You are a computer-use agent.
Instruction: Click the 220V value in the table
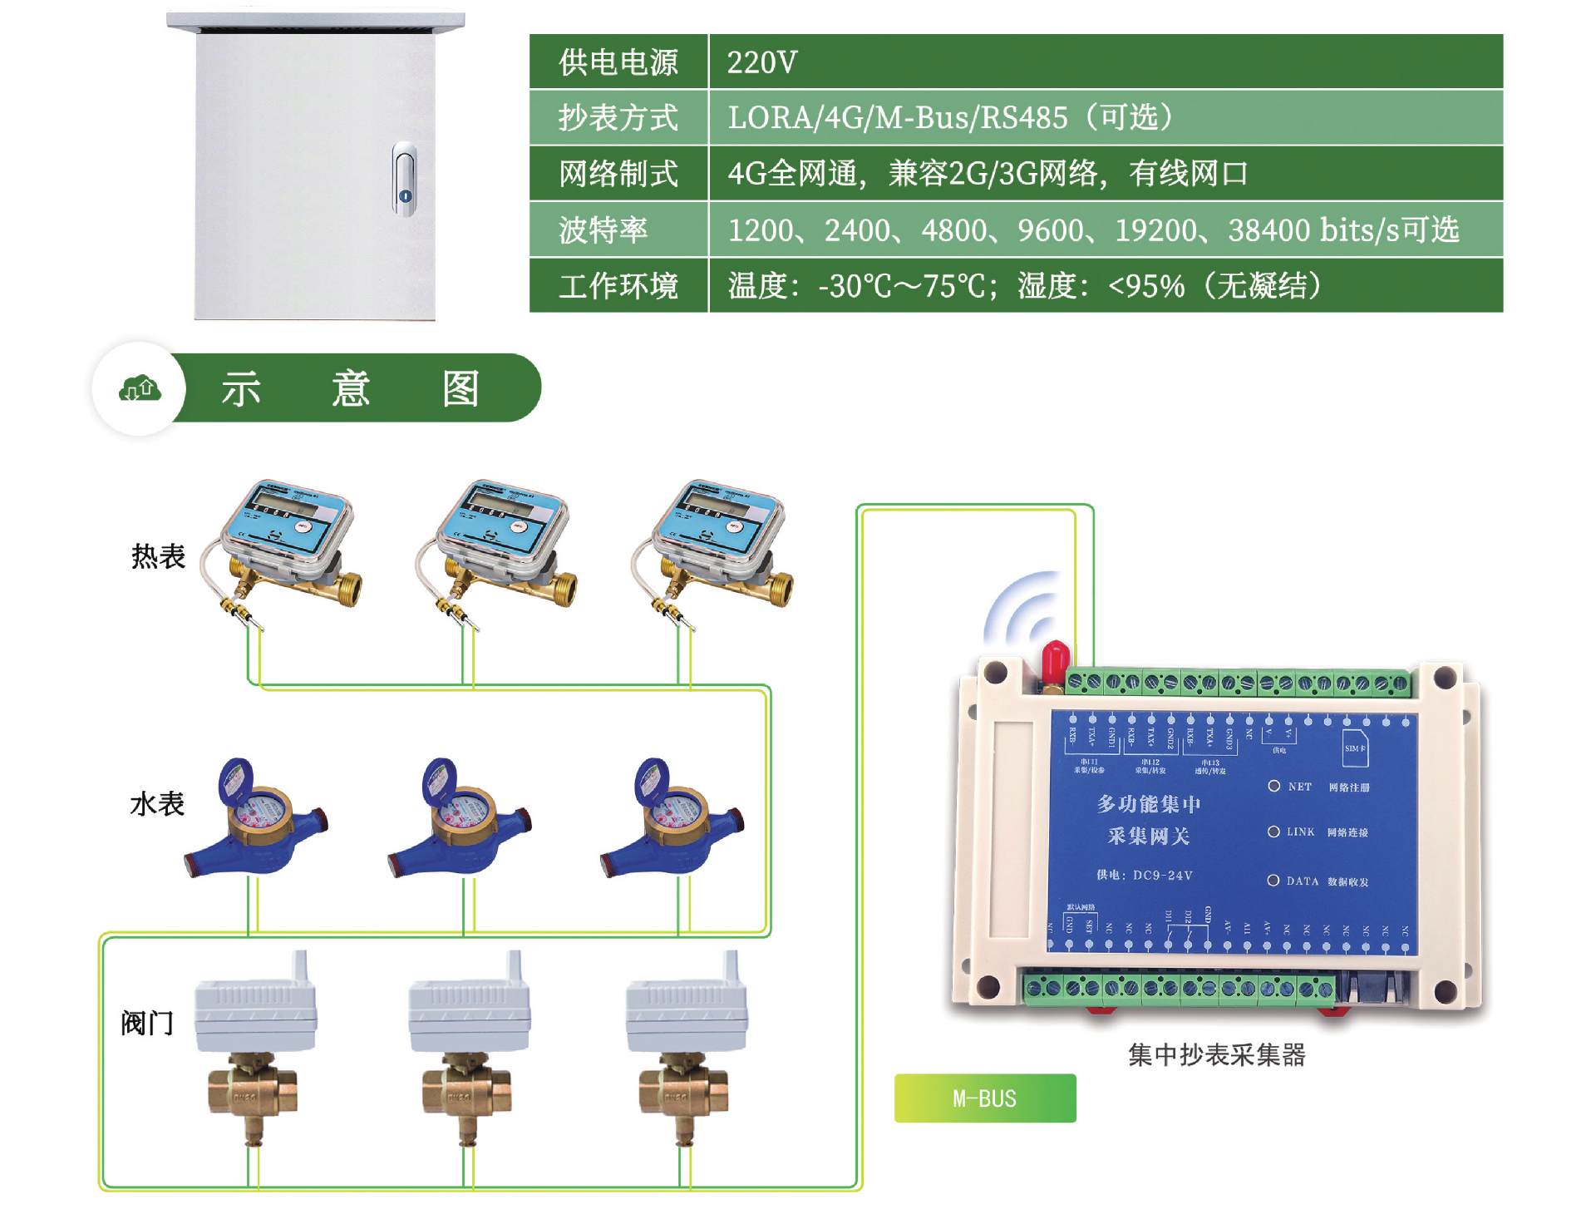click(x=761, y=62)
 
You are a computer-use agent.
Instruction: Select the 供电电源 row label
click(x=618, y=62)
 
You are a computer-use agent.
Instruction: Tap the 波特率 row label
click(x=603, y=230)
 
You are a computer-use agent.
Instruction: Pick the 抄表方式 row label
click(x=618, y=118)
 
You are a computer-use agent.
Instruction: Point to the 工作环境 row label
click(x=618, y=286)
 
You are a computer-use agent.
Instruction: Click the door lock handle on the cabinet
click(x=404, y=180)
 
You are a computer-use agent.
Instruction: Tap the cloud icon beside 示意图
click(x=140, y=388)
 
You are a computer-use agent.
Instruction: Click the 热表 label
click(x=158, y=556)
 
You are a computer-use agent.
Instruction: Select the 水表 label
click(x=157, y=804)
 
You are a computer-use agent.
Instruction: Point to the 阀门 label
click(x=147, y=1023)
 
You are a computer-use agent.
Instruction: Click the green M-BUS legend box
click(x=985, y=1098)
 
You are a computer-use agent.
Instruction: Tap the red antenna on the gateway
click(x=1055, y=661)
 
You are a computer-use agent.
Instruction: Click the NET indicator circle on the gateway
click(x=1273, y=786)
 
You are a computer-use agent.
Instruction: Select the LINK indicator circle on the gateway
click(x=1273, y=832)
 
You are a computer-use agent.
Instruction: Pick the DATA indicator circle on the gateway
click(x=1273, y=881)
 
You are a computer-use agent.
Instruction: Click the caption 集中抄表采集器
click(x=1216, y=1055)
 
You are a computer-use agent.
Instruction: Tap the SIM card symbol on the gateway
click(x=1355, y=748)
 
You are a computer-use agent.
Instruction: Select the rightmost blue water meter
click(x=673, y=819)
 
